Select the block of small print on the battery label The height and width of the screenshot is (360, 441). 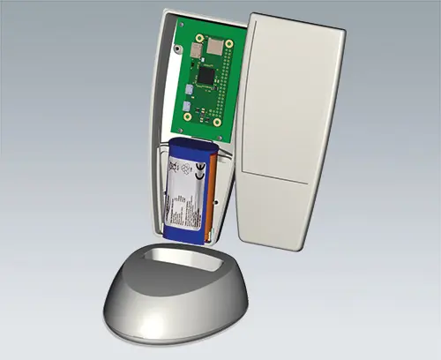(182, 207)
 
